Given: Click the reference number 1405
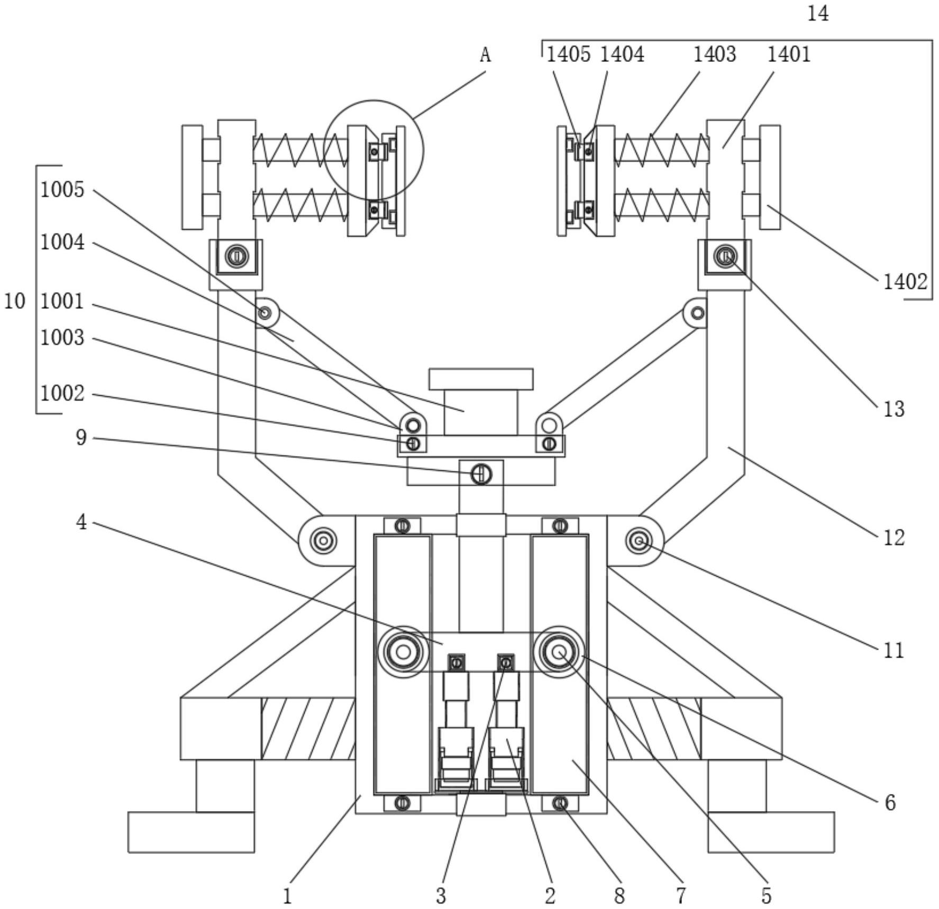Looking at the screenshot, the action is pos(568,54).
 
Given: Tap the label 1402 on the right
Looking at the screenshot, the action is pos(905,281).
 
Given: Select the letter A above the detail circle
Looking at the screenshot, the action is pos(485,54).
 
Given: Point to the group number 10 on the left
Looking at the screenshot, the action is pos(14,301).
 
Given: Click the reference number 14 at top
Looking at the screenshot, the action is pos(818,13).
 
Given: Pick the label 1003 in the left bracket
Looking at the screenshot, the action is pos(62,338).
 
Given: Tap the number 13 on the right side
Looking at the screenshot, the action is pos(894,409).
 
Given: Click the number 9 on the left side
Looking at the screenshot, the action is pos(81,438).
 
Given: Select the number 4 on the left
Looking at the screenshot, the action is pos(81,522).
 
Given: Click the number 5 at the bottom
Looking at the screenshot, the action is pos(766,896).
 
